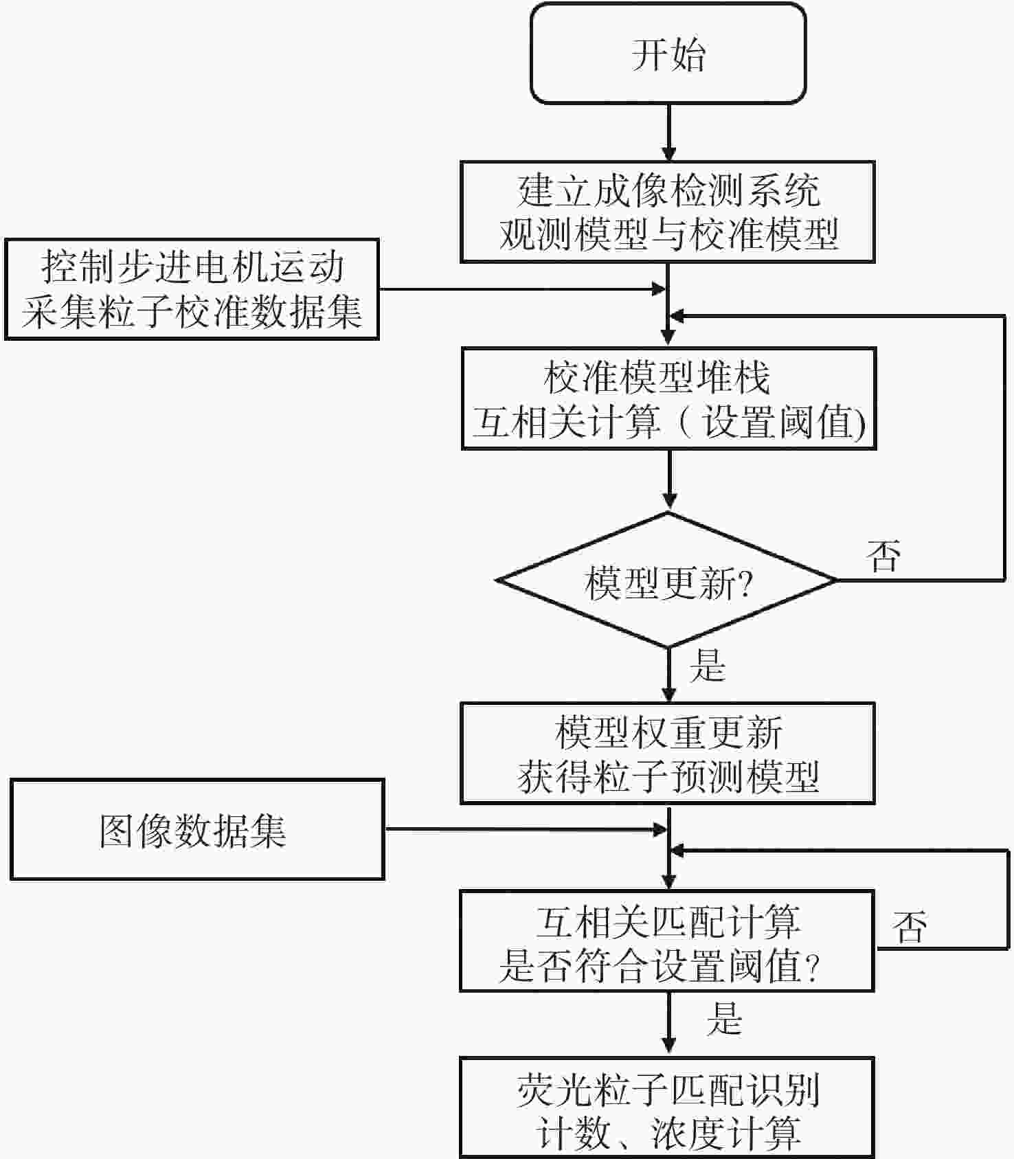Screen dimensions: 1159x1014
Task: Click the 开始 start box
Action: click(668, 54)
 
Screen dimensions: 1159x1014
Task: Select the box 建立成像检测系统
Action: click(667, 212)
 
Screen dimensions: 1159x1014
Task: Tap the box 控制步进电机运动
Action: click(192, 289)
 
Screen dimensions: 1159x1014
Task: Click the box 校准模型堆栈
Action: click(668, 399)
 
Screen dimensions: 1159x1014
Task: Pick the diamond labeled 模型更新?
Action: click(667, 581)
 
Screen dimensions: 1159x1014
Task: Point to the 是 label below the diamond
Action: click(707, 665)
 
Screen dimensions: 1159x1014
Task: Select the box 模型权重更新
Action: click(667, 753)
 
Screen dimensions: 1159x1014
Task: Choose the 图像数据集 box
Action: click(197, 830)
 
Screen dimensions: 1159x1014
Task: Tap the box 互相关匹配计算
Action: click(666, 941)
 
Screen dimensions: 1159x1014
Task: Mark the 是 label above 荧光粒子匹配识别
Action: click(724, 1018)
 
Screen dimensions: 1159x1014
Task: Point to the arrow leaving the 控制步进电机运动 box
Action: click(522, 289)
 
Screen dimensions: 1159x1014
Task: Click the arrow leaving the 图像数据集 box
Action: click(526, 830)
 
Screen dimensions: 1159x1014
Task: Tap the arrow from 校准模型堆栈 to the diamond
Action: click(669, 480)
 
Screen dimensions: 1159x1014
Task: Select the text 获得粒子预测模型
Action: click(667, 776)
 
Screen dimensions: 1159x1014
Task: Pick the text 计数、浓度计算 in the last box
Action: click(667, 1132)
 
